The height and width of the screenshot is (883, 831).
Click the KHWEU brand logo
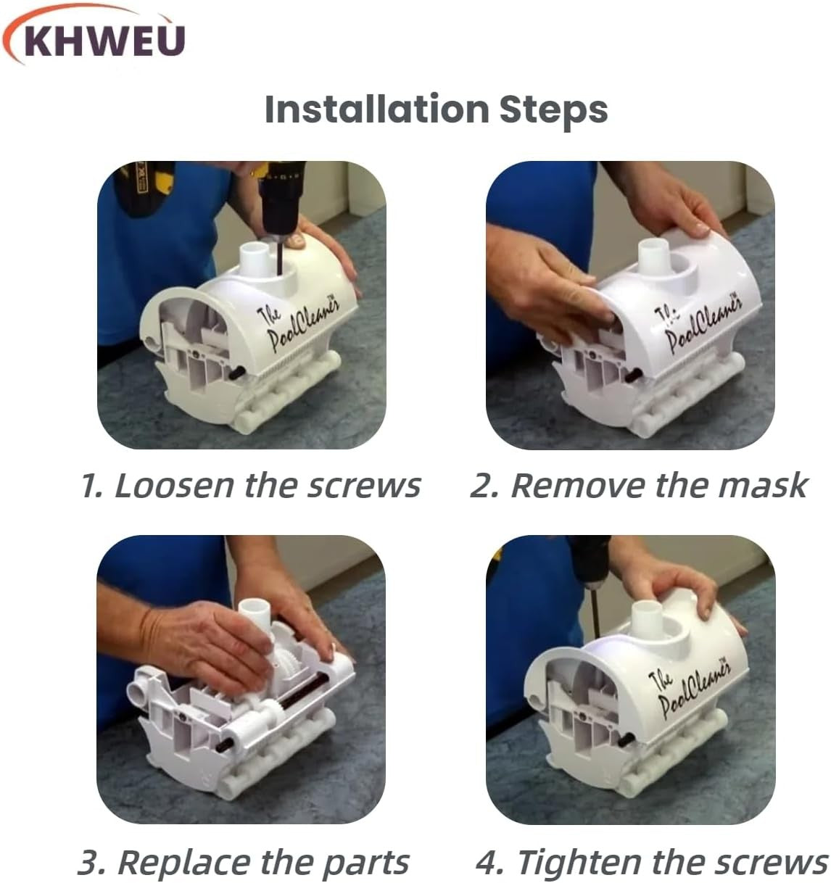tap(94, 36)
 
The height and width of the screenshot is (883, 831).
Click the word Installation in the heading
tap(377, 109)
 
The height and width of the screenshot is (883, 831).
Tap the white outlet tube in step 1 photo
tap(255, 259)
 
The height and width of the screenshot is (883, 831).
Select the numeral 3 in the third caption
tap(89, 863)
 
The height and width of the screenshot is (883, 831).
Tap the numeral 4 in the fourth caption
tap(488, 863)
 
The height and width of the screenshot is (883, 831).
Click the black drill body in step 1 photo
tap(281, 196)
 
